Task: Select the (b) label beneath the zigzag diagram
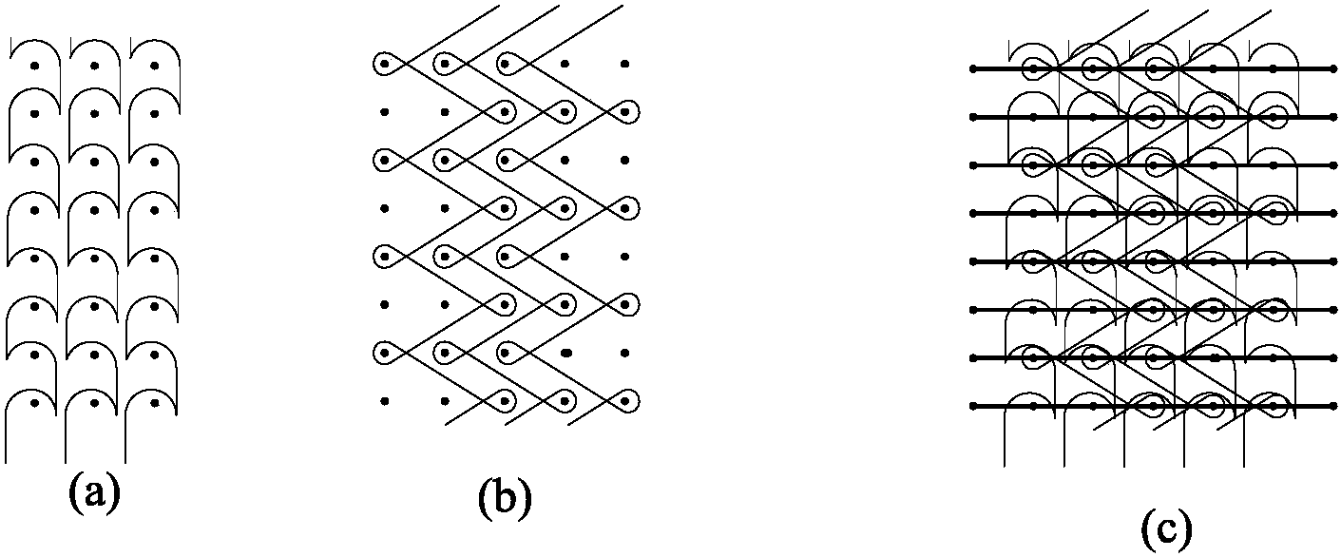(x=504, y=497)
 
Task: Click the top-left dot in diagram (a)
(x=35, y=66)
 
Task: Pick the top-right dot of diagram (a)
(x=154, y=66)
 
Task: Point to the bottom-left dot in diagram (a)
(x=35, y=403)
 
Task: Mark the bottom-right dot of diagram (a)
(x=154, y=403)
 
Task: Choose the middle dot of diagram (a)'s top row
(x=94, y=66)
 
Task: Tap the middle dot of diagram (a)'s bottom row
(x=94, y=403)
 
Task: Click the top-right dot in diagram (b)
(x=624, y=64)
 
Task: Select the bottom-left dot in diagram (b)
(x=384, y=401)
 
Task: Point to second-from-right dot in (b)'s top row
(x=565, y=64)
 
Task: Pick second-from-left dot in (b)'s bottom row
(x=445, y=401)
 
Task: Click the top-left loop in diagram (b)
(x=385, y=64)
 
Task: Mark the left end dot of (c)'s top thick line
(x=973, y=68)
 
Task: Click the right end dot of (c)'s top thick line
(x=1332, y=68)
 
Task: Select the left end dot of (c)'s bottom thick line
(x=973, y=406)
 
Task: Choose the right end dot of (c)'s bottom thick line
(x=1332, y=406)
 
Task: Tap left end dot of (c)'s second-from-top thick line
(x=973, y=117)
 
